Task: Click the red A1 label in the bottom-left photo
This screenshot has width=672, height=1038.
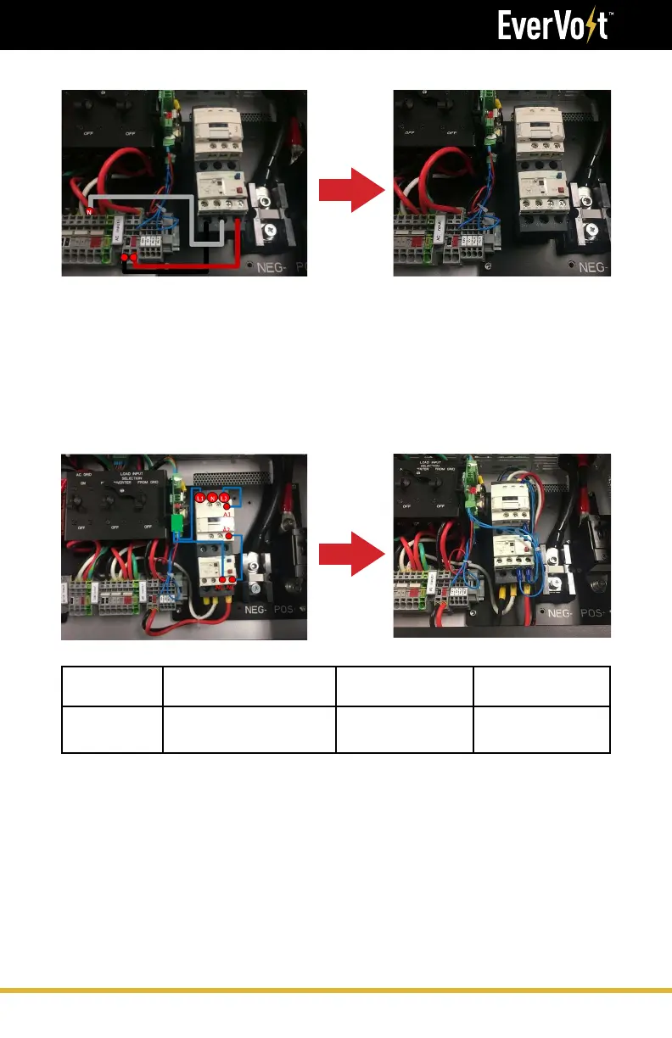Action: [227, 514]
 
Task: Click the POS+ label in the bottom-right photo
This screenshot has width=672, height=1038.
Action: [599, 612]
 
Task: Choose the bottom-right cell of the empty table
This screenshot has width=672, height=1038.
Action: [541, 729]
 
